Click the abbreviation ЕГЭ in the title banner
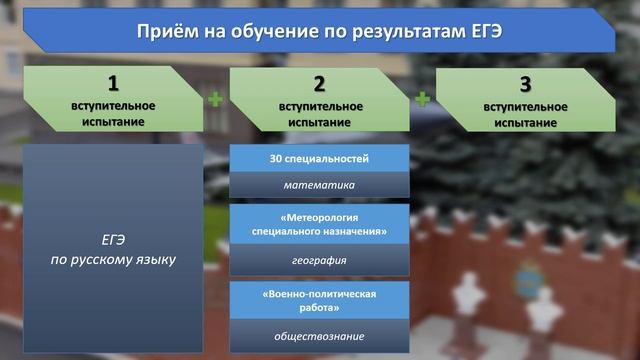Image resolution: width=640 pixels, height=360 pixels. click(482, 32)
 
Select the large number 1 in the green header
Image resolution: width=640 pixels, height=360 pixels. click(114, 84)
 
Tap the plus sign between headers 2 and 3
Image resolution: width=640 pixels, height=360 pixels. click(423, 99)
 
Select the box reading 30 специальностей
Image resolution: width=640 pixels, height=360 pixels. click(319, 159)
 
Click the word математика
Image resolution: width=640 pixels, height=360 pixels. click(319, 185)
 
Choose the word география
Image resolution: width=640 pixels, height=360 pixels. click(319, 261)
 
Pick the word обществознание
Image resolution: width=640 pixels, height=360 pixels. click(319, 336)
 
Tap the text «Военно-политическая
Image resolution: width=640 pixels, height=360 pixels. click(320, 295)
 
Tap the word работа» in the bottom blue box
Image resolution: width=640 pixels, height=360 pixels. click(320, 310)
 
